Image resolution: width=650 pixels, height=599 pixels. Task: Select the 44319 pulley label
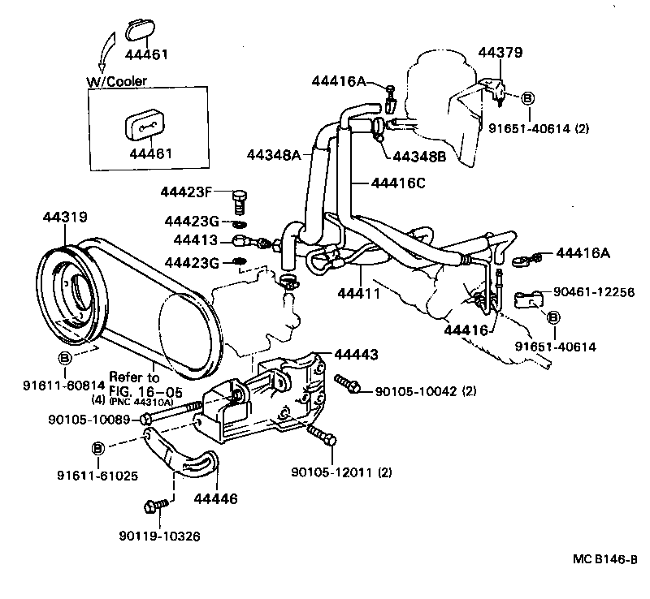tap(64, 217)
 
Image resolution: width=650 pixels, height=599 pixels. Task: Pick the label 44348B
tap(419, 157)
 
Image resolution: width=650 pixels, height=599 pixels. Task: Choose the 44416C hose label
tap(399, 183)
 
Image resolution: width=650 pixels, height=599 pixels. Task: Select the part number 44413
tap(195, 240)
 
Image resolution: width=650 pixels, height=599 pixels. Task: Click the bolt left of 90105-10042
tap(348, 384)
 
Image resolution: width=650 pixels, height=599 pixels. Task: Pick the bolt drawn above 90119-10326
tap(154, 507)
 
